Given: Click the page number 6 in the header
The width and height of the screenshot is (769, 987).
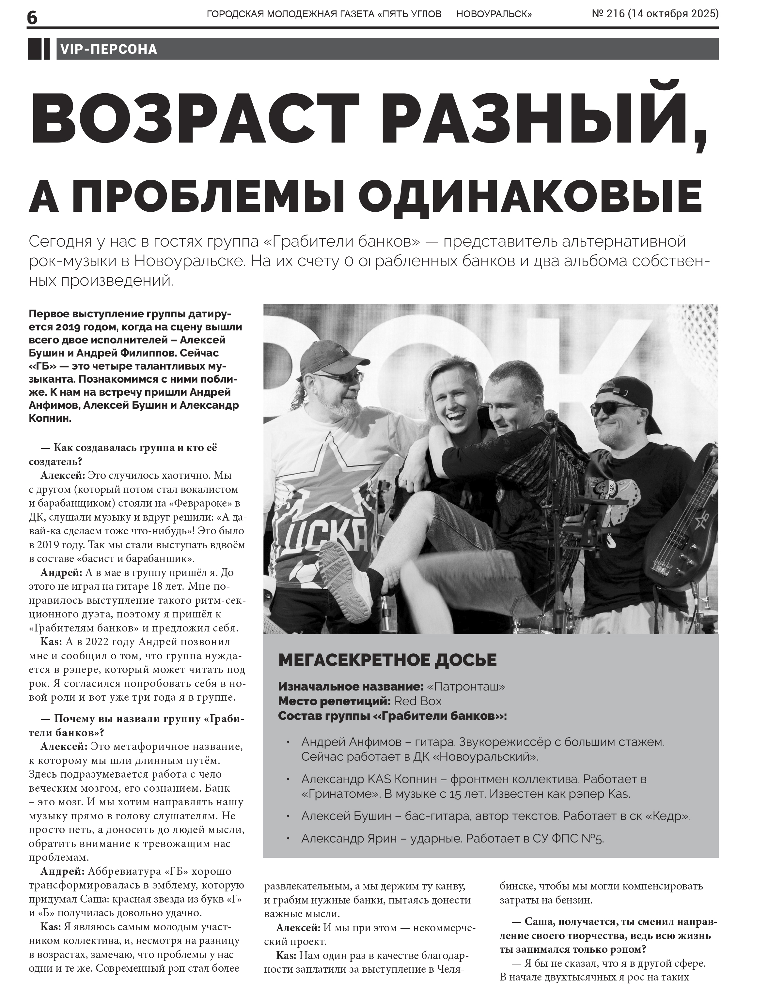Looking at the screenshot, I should click(33, 18).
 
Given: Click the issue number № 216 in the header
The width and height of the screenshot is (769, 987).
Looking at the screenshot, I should click(608, 14).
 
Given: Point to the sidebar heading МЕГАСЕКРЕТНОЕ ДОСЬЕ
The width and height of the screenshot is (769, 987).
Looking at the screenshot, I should click(387, 660).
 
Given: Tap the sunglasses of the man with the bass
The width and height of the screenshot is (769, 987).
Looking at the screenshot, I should click(615, 408).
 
